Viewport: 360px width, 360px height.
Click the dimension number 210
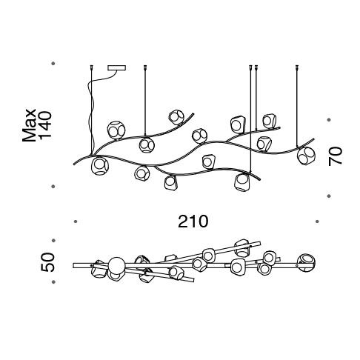193,221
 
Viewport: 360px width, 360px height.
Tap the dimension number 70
336,156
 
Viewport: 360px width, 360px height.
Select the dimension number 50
47,262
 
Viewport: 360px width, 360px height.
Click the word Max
29,125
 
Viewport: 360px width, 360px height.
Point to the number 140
45,125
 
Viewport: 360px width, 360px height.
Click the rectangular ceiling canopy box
117,67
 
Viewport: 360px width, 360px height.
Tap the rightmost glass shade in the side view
306,156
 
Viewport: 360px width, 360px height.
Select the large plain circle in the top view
116,265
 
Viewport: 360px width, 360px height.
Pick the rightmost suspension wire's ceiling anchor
297,67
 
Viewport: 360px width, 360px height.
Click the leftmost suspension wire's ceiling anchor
92,67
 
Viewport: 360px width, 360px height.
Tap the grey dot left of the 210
76,221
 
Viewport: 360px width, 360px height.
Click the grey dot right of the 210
317,221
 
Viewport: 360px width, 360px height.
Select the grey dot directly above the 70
328,120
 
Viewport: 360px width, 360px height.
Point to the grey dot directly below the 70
328,196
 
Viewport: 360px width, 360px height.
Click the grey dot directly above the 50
53,240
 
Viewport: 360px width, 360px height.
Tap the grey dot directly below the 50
53,281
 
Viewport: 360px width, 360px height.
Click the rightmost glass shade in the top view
307,262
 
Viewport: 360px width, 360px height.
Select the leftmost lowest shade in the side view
100,166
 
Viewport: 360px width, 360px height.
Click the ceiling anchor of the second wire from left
145,67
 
